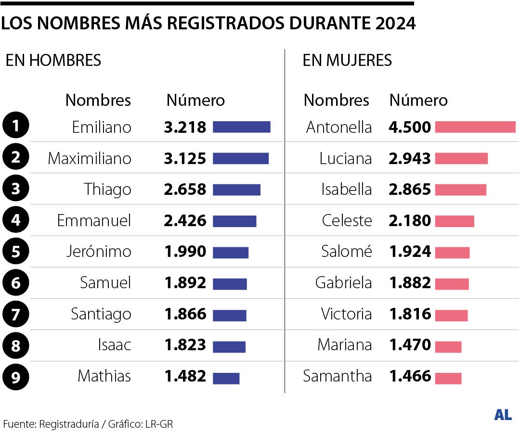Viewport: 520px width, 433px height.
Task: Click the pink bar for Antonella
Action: (475, 127)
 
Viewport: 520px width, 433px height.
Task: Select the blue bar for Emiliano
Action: (241, 127)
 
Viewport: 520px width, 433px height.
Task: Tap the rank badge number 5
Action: (16, 252)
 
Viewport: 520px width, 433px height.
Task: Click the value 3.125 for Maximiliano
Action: (185, 158)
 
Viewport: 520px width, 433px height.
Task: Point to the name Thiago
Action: (107, 189)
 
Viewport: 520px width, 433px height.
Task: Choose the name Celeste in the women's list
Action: (347, 220)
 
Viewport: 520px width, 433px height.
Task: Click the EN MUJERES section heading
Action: (347, 60)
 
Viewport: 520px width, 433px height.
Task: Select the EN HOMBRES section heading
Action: (53, 60)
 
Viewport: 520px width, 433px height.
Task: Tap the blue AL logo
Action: (503, 415)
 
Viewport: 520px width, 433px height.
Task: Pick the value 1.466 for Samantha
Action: (410, 376)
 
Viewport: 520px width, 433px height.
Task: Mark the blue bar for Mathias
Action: (226, 379)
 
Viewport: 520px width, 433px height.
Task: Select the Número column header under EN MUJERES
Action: (418, 100)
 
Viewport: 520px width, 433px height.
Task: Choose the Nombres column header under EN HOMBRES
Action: (98, 100)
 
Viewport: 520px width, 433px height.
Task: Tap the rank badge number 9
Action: (16, 376)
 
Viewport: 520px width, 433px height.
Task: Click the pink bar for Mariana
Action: (448, 347)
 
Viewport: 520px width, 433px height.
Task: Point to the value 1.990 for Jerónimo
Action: (185, 252)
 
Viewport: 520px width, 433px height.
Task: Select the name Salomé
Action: (347, 252)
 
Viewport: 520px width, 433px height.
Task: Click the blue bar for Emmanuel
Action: (234, 221)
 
